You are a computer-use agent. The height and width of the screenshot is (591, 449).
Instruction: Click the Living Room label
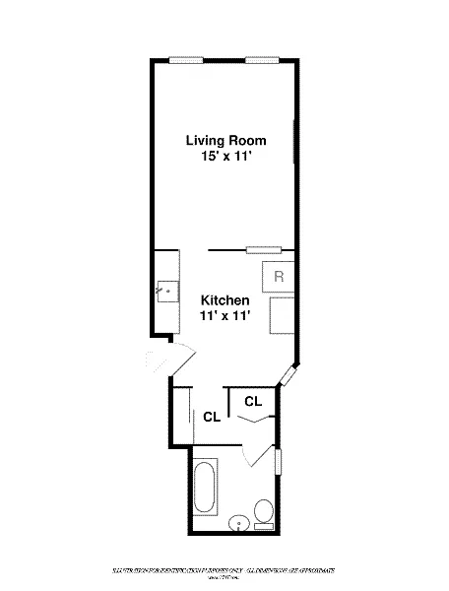click(225, 141)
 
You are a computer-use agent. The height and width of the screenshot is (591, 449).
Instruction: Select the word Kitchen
click(224, 299)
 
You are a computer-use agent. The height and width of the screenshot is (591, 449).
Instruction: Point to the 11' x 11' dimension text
click(224, 316)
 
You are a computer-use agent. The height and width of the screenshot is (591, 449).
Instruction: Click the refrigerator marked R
click(278, 276)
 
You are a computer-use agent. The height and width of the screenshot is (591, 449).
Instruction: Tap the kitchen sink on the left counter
click(165, 292)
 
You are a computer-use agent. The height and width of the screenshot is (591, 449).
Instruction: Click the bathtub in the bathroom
click(206, 489)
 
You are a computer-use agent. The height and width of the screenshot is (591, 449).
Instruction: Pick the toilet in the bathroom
click(263, 513)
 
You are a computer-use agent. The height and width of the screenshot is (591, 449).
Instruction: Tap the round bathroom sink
click(238, 524)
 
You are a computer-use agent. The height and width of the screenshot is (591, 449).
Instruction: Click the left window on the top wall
click(186, 61)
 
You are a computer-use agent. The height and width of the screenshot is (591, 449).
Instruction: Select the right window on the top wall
click(262, 61)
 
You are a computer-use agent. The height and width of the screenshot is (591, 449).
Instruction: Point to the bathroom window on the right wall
click(279, 462)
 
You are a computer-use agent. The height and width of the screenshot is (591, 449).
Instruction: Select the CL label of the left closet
click(211, 417)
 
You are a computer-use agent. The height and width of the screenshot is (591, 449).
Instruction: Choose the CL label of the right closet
click(252, 401)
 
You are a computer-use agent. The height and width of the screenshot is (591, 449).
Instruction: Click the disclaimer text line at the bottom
click(224, 570)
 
